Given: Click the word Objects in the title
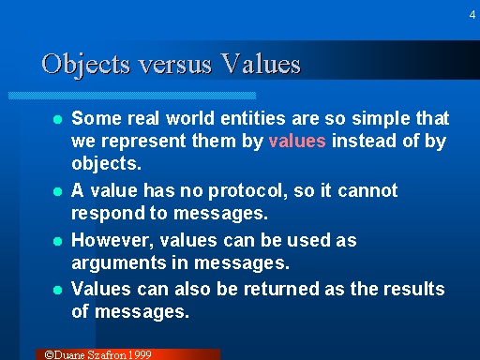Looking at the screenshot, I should coord(84,64).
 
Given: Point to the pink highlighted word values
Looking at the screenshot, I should coord(297,142).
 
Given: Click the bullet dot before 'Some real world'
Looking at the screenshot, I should coord(58,120).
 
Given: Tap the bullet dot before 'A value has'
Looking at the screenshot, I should coord(58,191).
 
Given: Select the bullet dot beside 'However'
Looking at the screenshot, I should coord(58,241).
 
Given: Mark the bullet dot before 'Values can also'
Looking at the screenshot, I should coord(58,290).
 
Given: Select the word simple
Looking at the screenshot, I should coord(380,119).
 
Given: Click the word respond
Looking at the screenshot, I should coord(104,213).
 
